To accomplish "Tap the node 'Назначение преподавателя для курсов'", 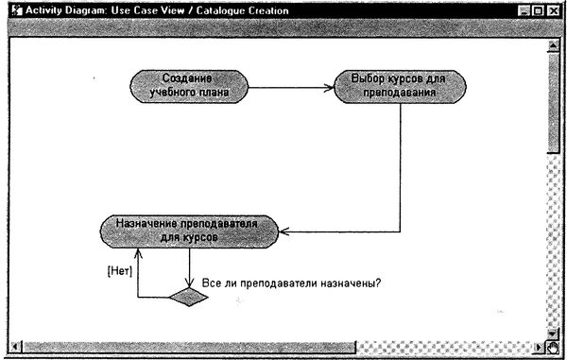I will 189,231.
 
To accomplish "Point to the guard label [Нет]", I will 118,267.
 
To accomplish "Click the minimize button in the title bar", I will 524,10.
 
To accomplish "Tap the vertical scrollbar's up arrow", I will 554,43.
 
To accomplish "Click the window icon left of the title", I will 11,10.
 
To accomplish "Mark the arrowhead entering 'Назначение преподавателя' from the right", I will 285,231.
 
